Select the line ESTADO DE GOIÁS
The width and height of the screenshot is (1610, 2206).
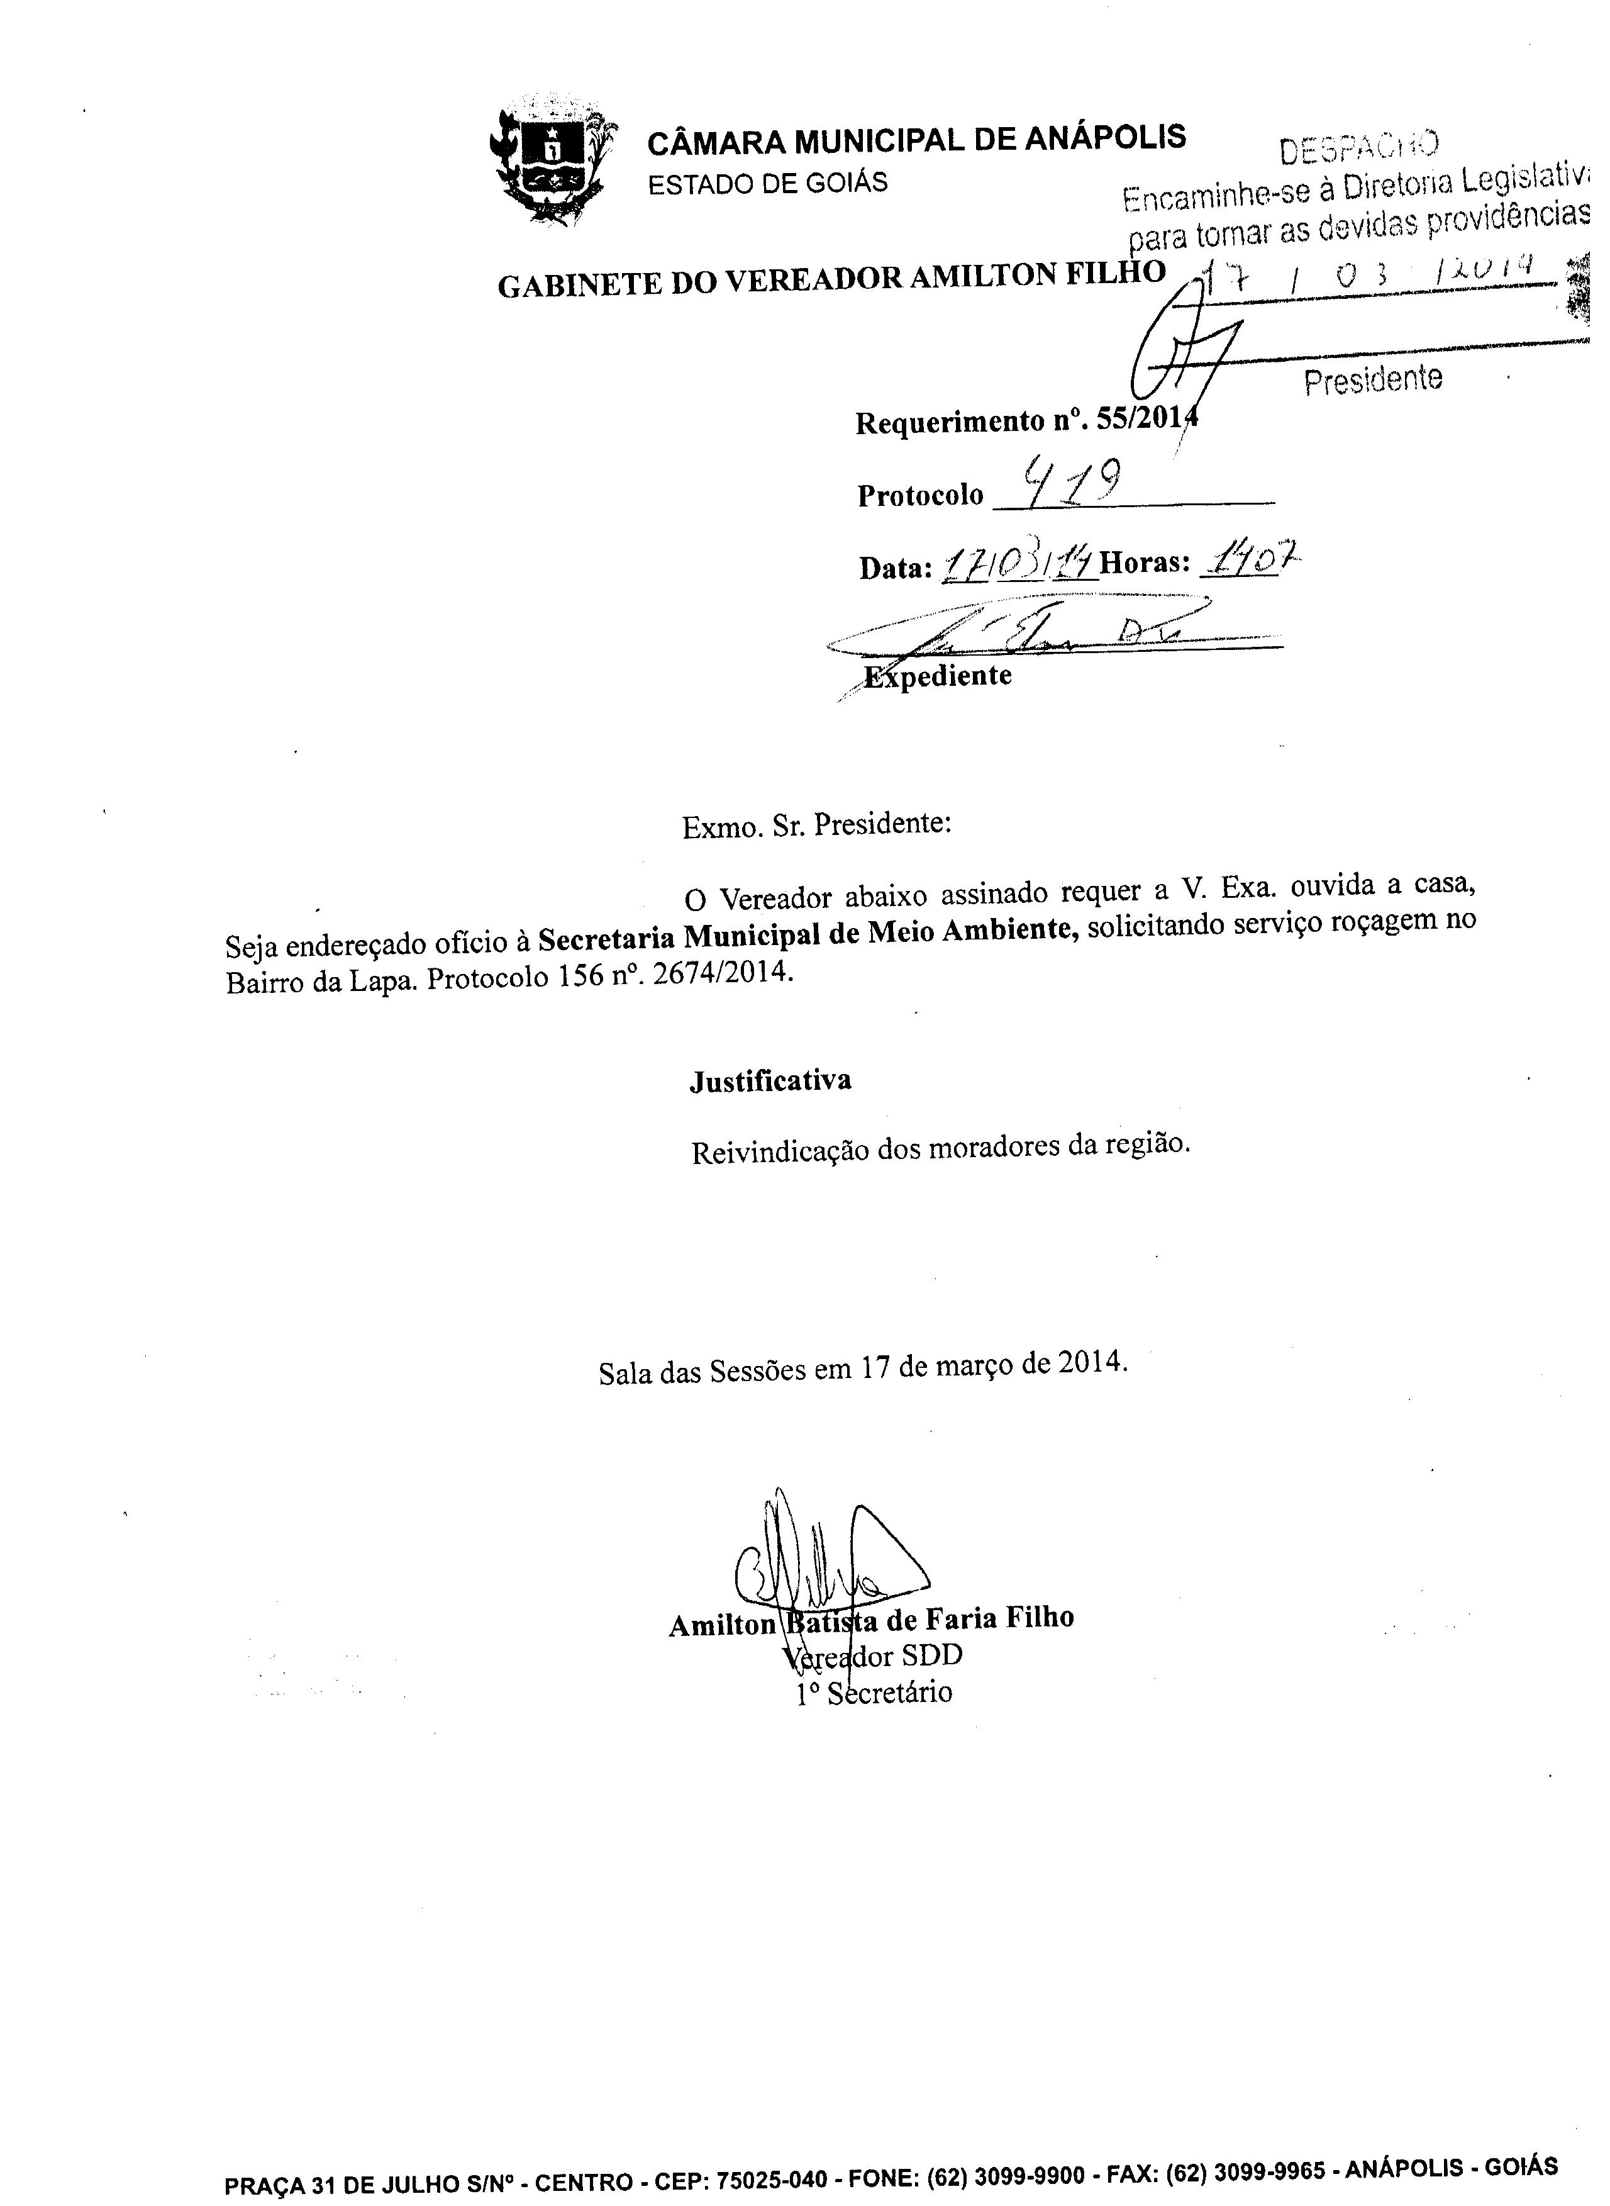[x=768, y=183]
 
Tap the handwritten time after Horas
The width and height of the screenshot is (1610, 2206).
[x=1252, y=561]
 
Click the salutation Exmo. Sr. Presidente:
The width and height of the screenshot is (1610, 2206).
[x=816, y=826]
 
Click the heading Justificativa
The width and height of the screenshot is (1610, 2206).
[x=770, y=1081]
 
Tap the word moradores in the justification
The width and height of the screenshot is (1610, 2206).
[x=993, y=1148]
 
